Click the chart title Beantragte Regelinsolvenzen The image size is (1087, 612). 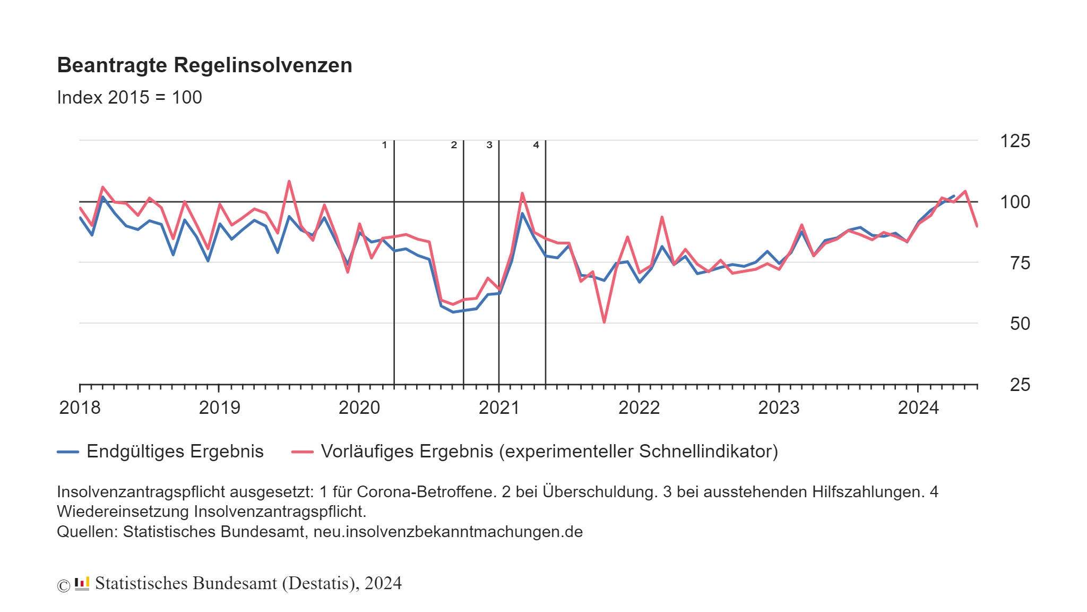coord(204,65)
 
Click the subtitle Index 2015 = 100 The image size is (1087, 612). coord(129,98)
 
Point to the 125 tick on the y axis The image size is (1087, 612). coord(1014,141)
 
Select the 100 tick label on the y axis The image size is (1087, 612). coord(1014,202)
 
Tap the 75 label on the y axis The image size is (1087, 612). coord(1019,263)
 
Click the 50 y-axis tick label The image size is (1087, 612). coord(1019,324)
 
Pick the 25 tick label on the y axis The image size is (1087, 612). coord(1019,385)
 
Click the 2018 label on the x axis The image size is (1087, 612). coord(80,408)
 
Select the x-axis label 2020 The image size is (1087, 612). coord(359,408)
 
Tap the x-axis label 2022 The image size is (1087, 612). coord(639,408)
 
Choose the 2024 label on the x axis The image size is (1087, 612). coord(918,408)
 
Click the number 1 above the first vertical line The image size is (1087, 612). coord(384,145)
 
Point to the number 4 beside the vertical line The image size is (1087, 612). coord(536,145)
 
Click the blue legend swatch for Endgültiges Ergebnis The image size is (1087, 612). coord(68,452)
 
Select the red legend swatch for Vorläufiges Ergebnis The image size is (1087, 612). coord(302,452)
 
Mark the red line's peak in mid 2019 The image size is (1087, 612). coord(289,182)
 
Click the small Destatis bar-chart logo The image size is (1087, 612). coord(82,584)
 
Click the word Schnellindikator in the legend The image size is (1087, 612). coord(708,452)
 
